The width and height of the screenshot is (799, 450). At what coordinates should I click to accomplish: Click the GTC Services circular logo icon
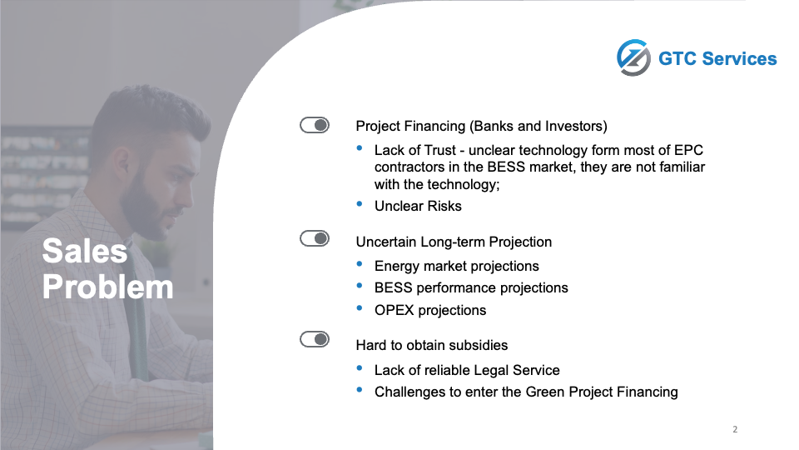(x=633, y=57)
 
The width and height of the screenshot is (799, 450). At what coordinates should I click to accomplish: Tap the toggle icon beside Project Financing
(x=315, y=125)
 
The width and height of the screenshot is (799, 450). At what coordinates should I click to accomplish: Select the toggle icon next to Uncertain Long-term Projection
(x=315, y=238)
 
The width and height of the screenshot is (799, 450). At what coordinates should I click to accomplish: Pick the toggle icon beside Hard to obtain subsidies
(x=315, y=339)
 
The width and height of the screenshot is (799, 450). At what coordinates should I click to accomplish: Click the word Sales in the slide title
(x=85, y=251)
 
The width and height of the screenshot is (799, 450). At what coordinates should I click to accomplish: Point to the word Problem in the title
(x=107, y=287)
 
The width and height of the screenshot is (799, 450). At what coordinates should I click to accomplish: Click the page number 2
(x=735, y=429)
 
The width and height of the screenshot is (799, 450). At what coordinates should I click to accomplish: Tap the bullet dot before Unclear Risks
(x=360, y=204)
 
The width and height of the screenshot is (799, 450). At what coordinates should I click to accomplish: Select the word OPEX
(x=394, y=310)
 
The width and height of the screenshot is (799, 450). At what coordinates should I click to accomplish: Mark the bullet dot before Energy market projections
(x=360, y=264)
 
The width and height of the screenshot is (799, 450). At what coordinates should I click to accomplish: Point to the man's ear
(x=122, y=163)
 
